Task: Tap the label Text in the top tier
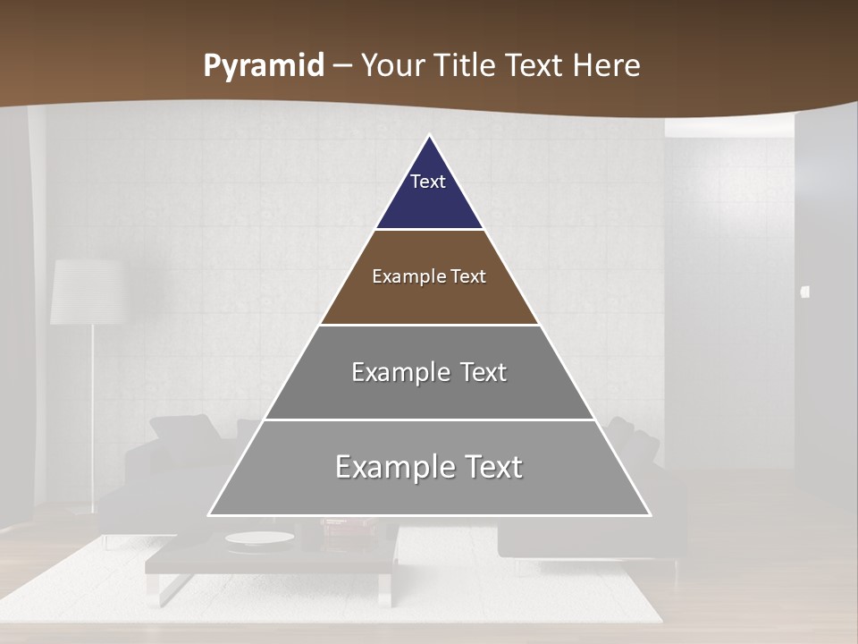(x=427, y=182)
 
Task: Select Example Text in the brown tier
(x=429, y=276)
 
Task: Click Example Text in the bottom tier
(x=429, y=467)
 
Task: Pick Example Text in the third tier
(x=429, y=372)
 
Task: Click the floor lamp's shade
(x=86, y=292)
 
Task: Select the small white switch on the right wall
(x=804, y=292)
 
